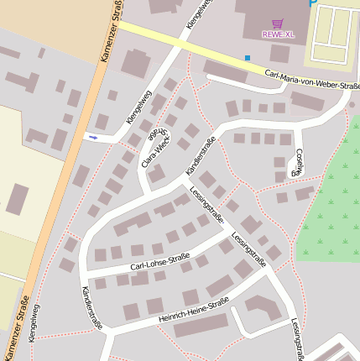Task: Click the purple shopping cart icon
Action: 278,24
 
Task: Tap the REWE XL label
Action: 278,34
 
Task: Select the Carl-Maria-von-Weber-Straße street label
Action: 311,80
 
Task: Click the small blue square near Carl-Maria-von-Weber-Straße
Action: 248,58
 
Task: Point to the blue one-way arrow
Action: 92,136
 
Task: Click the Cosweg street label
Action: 298,161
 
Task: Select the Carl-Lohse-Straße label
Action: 159,261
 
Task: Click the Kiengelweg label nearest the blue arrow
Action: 138,108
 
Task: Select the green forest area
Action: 331,210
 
